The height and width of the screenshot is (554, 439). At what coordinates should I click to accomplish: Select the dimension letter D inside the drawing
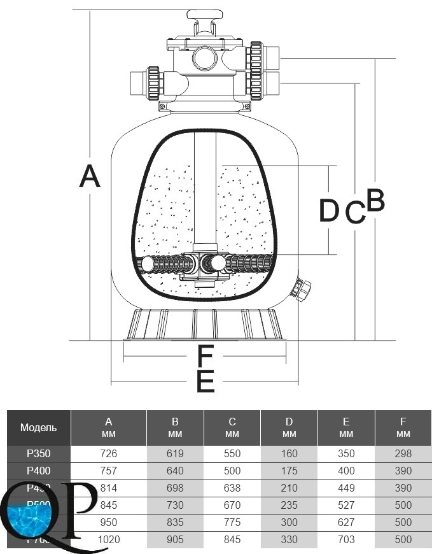(329, 211)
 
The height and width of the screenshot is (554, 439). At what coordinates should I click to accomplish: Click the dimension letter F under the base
(205, 355)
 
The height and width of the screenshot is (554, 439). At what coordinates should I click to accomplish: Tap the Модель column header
(38, 427)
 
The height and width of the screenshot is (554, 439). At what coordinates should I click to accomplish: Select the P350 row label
(38, 454)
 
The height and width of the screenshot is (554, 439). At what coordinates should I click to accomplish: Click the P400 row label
(38, 471)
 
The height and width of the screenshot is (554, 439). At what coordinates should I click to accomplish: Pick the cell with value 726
(108, 454)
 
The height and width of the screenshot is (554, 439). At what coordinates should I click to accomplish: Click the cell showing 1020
(108, 539)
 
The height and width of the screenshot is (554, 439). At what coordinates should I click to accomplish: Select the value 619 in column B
(175, 454)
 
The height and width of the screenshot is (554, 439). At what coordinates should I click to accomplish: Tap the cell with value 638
(232, 488)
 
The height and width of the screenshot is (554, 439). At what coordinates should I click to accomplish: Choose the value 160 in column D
(289, 454)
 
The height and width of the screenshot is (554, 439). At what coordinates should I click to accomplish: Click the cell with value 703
(346, 539)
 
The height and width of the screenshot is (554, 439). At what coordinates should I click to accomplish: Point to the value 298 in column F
(403, 454)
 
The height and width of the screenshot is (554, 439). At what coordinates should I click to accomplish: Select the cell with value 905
(175, 539)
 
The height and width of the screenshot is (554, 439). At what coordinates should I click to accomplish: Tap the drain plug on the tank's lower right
(299, 290)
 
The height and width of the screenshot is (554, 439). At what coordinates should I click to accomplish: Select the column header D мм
(289, 427)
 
